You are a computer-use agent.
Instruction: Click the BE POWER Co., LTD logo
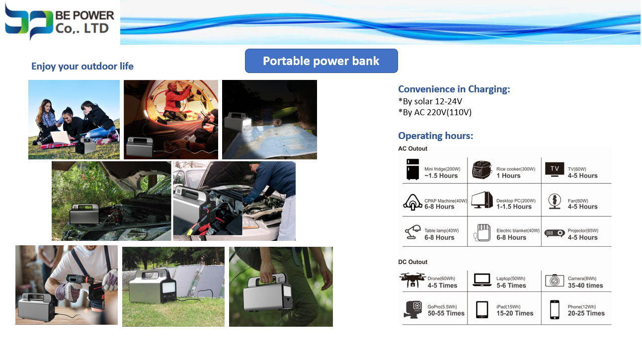(x=60, y=22)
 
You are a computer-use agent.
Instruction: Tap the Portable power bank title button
(x=321, y=61)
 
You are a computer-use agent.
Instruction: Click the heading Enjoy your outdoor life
(x=82, y=66)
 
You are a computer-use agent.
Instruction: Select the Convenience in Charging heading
(x=454, y=89)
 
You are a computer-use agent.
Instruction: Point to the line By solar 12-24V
(x=430, y=101)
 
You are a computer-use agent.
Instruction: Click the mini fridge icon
(x=413, y=169)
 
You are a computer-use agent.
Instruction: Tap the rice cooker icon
(x=482, y=170)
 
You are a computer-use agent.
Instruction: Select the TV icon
(x=555, y=169)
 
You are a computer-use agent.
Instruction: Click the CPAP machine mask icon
(x=413, y=202)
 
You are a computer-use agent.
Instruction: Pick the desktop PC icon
(x=482, y=200)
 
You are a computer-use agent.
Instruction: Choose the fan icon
(x=555, y=201)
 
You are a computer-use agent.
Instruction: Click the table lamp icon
(x=413, y=232)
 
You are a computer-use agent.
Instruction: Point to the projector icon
(x=555, y=233)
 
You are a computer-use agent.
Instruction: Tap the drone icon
(x=412, y=280)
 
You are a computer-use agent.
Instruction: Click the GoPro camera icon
(x=413, y=309)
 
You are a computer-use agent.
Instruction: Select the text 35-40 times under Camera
(x=585, y=286)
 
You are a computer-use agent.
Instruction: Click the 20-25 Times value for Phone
(x=586, y=313)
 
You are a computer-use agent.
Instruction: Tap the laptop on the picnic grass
(x=61, y=138)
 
